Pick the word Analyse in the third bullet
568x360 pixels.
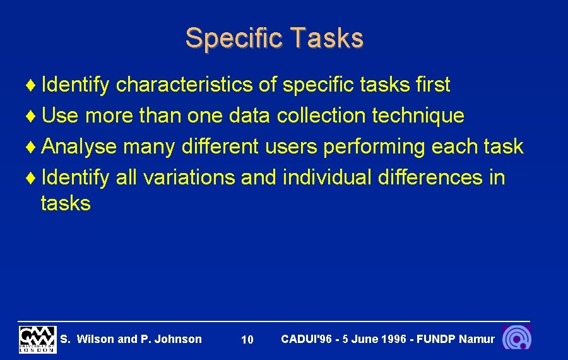[x=80, y=147]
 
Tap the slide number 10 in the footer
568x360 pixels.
[x=247, y=340]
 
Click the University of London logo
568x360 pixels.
[x=37, y=339]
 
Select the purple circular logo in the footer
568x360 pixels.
[x=516, y=338]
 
